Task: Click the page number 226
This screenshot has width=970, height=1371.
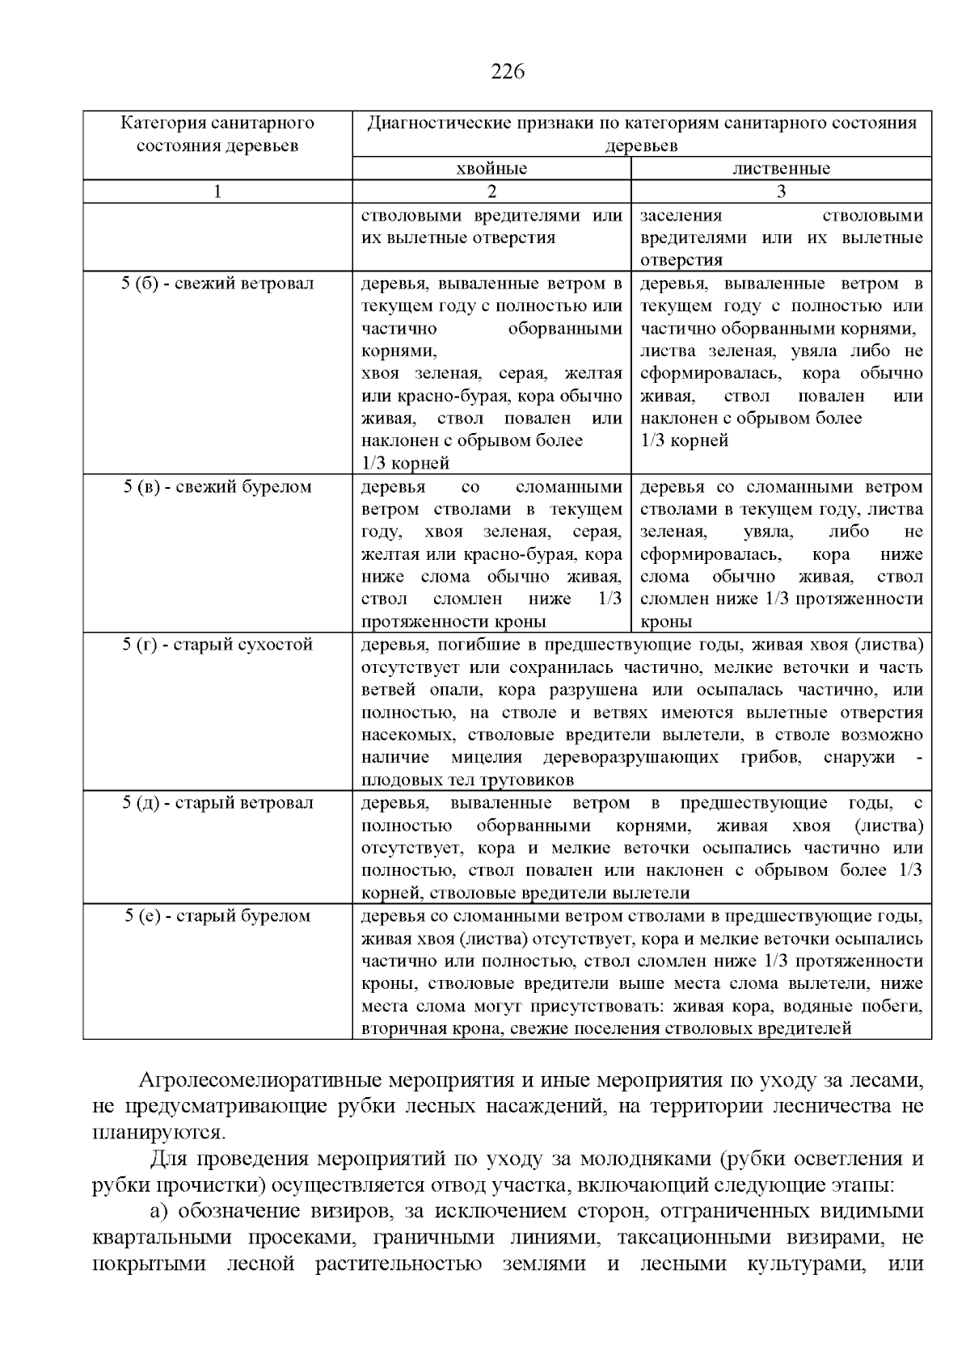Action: click(x=508, y=72)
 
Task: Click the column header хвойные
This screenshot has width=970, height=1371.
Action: click(x=491, y=169)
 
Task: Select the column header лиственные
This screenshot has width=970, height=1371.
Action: click(x=781, y=169)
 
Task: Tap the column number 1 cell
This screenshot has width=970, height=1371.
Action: click(x=217, y=191)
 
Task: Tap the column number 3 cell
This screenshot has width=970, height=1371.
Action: click(x=781, y=191)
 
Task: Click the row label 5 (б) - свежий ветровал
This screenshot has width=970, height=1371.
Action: click(x=217, y=284)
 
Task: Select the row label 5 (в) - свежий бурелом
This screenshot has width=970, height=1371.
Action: click(x=217, y=487)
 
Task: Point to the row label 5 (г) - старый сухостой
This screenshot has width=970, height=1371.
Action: click(x=217, y=645)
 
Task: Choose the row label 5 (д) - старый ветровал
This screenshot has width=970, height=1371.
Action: click(x=217, y=803)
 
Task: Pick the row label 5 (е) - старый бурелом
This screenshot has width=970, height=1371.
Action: click(x=217, y=916)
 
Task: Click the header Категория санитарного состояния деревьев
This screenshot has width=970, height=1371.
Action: click(x=217, y=134)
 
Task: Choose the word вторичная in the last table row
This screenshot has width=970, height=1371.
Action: click(x=399, y=1029)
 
